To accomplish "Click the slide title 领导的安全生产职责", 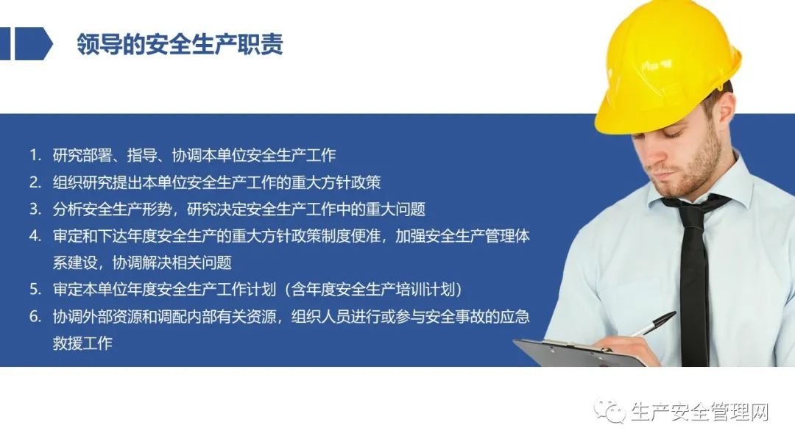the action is coord(180,44).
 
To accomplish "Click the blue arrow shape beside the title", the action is coord(33,44).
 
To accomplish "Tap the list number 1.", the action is coord(35,155).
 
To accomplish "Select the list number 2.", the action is coord(35,182).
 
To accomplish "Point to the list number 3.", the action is coord(35,209).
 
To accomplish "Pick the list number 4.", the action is coord(35,235).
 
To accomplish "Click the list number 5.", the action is coord(35,289).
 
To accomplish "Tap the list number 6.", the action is coord(35,316).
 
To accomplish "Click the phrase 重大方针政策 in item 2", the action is coord(336,182).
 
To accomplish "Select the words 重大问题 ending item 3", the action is coord(395,209).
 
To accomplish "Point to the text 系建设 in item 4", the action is coord(75,262).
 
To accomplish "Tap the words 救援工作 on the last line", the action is coord(82,343).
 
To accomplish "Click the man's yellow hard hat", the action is coord(667,66).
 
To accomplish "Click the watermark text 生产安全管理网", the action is coord(700,412).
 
